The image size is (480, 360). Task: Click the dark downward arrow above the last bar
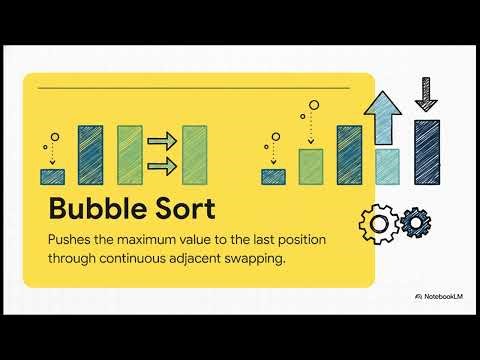[x=427, y=94]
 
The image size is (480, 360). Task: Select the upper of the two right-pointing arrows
[x=161, y=142]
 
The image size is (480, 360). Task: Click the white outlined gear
[x=377, y=222]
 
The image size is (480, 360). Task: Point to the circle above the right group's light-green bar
[x=313, y=103]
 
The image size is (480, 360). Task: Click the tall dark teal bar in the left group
[x=91, y=154]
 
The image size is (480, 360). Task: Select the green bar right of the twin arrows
[x=194, y=155]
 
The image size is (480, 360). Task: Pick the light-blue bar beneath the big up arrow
[x=387, y=167]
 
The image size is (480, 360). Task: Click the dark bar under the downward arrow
[x=427, y=152]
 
